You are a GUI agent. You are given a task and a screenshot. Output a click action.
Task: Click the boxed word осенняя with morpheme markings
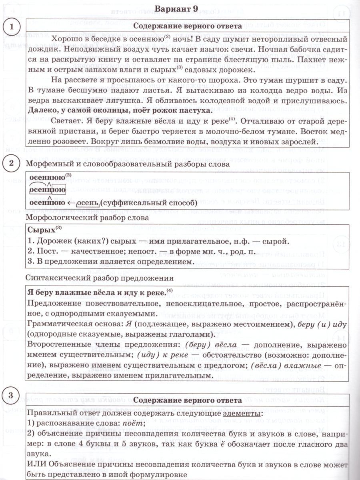click(x=48, y=190)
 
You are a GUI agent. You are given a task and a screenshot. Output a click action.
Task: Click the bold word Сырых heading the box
click(x=42, y=231)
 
